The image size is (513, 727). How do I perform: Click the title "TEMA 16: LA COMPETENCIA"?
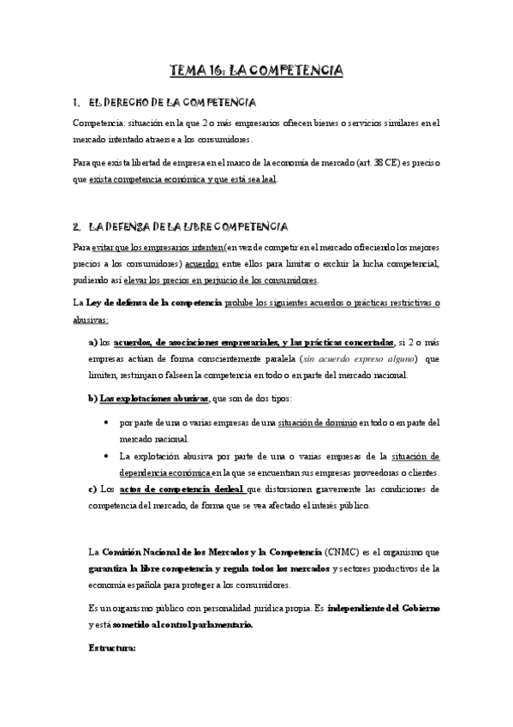point(256,70)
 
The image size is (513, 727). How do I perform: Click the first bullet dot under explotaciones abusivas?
point(104,423)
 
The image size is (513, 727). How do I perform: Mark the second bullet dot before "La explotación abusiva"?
point(104,456)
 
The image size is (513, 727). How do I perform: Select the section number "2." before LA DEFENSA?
point(76,226)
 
